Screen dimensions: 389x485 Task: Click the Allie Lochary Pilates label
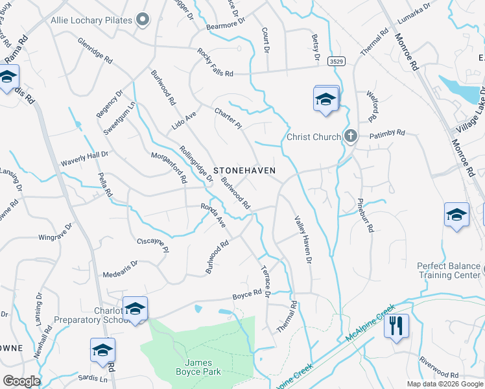point(91,20)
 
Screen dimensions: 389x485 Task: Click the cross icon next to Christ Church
point(350,137)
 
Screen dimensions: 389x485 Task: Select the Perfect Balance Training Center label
point(449,270)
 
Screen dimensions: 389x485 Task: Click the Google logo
point(21,381)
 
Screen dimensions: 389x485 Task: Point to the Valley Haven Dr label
point(304,239)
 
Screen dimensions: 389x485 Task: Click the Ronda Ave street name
point(213,215)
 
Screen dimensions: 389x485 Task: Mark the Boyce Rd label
point(247,294)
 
